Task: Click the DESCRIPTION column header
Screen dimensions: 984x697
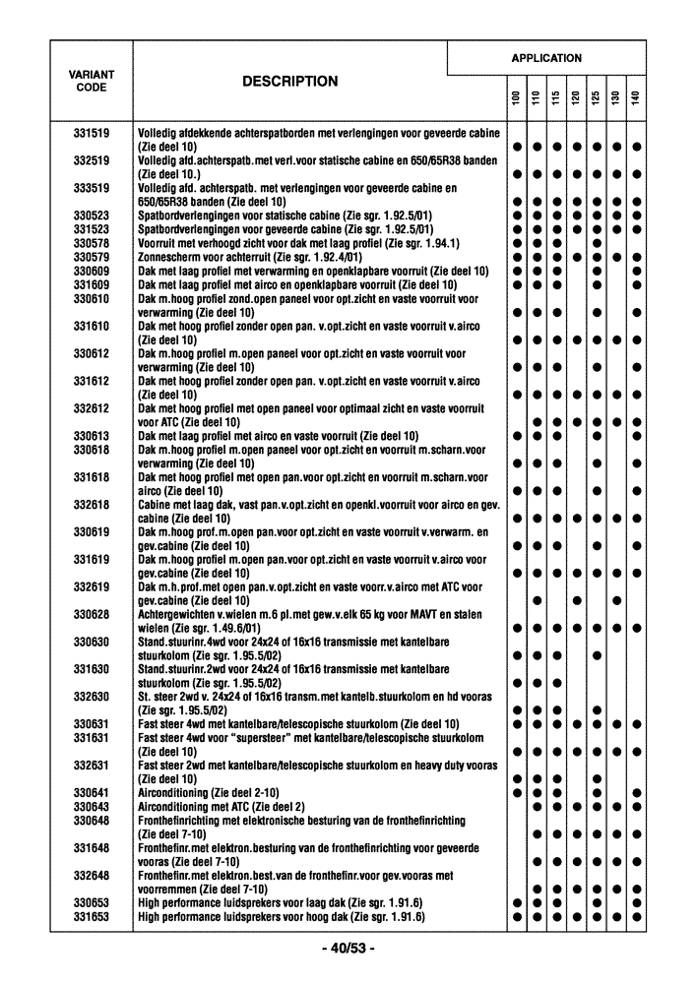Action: pyautogui.click(x=289, y=82)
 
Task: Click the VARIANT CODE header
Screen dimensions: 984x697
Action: pyautogui.click(x=92, y=81)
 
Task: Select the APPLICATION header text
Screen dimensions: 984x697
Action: pyautogui.click(x=546, y=58)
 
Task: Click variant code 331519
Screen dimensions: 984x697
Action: pyautogui.click(x=92, y=133)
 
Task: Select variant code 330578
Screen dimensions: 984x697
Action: pyautogui.click(x=92, y=243)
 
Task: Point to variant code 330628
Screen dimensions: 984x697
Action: pyautogui.click(x=92, y=615)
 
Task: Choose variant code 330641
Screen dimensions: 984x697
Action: pyautogui.click(x=92, y=793)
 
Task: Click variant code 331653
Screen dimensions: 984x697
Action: pyautogui.click(x=92, y=917)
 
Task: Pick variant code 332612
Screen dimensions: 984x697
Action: pyautogui.click(x=92, y=408)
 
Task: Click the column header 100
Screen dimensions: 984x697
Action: pyautogui.click(x=516, y=100)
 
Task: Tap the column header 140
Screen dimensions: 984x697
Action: pyautogui.click(x=636, y=100)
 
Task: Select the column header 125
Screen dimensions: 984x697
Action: pyautogui.click(x=596, y=100)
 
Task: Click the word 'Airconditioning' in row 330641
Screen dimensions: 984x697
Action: pyautogui.click(x=172, y=793)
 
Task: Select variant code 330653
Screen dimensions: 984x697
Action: pyautogui.click(x=92, y=903)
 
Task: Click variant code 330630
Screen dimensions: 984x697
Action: pyautogui.click(x=92, y=642)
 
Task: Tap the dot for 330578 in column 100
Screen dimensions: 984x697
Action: pyautogui.click(x=516, y=243)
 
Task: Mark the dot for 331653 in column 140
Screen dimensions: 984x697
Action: pyautogui.click(x=636, y=917)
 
